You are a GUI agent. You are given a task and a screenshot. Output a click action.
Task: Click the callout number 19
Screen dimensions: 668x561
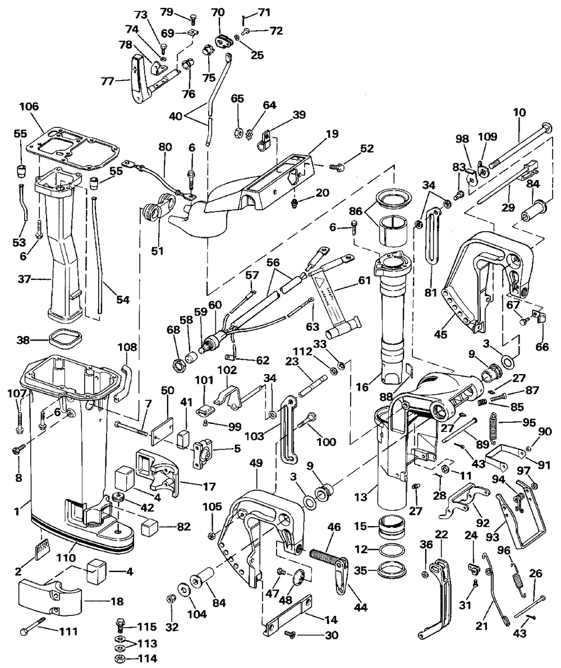332,134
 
